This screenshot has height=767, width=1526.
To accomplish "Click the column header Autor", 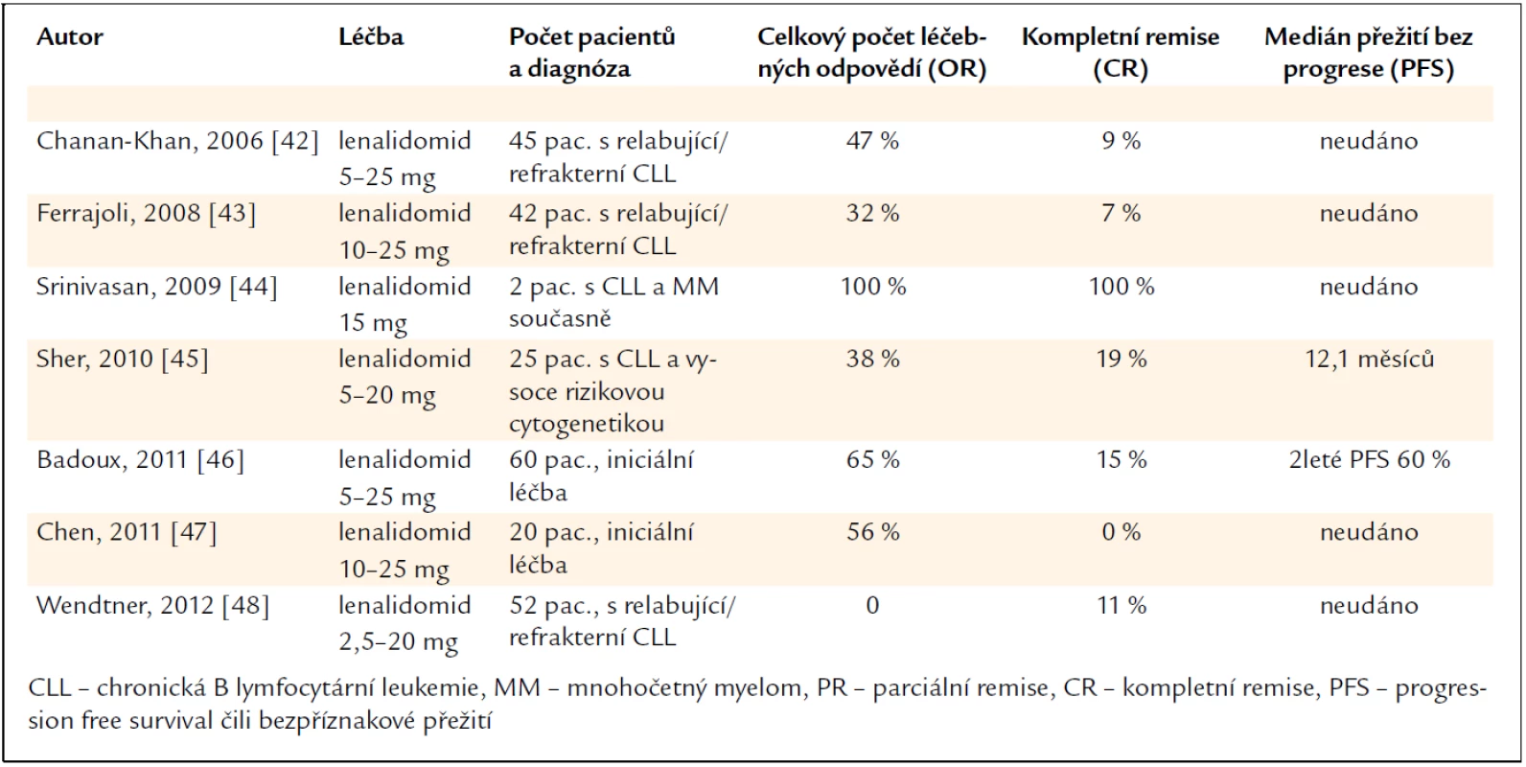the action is [69, 36].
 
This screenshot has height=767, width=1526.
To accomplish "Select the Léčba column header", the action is [371, 36].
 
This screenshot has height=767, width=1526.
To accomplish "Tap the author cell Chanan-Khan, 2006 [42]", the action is [177, 141].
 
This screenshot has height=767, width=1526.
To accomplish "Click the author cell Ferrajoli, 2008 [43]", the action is [147, 214].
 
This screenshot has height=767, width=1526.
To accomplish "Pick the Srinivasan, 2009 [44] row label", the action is [157, 287].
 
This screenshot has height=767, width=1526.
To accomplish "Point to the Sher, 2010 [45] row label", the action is [123, 359].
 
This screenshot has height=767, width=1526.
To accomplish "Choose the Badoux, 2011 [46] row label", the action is [140, 460].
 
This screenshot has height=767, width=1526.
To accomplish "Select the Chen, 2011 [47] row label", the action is [127, 532].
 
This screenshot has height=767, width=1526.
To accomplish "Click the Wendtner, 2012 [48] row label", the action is [153, 605].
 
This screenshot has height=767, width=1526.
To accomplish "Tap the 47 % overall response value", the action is [872, 141].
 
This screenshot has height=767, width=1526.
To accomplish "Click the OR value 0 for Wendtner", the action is [872, 605].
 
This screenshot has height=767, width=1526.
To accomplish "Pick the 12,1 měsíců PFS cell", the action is [1370, 359].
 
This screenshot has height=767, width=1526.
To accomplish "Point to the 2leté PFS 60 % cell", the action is [1370, 460].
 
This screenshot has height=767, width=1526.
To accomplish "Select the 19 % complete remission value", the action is [1121, 359].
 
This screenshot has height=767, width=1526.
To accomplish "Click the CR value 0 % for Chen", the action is [1121, 532].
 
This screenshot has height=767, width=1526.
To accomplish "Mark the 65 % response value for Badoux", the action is [872, 460].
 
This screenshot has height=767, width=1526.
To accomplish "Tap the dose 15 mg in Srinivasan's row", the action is [373, 322].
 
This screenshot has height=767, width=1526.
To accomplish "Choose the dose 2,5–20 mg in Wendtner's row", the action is [399, 641].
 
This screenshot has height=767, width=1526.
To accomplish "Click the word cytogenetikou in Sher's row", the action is [587, 424].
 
